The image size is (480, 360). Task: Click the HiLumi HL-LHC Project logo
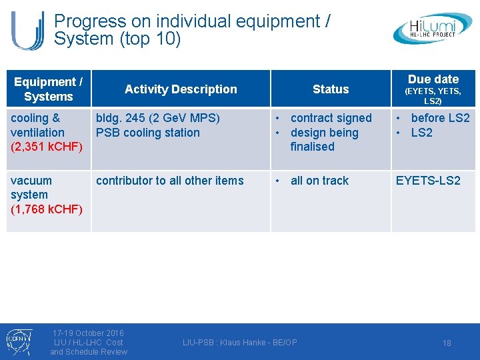tap(433, 29)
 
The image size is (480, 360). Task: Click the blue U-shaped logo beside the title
tap(28, 30)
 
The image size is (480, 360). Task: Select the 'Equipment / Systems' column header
tap(48, 89)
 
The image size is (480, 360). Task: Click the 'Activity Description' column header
tap(181, 89)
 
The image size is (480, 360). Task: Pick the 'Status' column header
tap(331, 89)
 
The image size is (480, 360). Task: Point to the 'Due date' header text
tap(433, 79)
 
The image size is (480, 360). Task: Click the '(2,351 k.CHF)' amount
tap(47, 147)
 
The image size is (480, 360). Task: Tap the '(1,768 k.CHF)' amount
tap(47, 209)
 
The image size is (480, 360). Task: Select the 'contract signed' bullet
tap(331, 118)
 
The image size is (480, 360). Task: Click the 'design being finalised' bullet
tap(324, 139)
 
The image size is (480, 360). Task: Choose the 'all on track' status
tap(319, 181)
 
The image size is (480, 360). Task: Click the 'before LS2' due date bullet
tap(440, 118)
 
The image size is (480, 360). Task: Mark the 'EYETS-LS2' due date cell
tap(428, 181)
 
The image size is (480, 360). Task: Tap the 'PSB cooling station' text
tap(148, 133)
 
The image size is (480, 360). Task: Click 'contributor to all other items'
tap(170, 181)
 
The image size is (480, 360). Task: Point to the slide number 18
tap(447, 343)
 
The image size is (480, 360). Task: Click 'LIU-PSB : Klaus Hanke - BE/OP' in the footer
tap(240, 343)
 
